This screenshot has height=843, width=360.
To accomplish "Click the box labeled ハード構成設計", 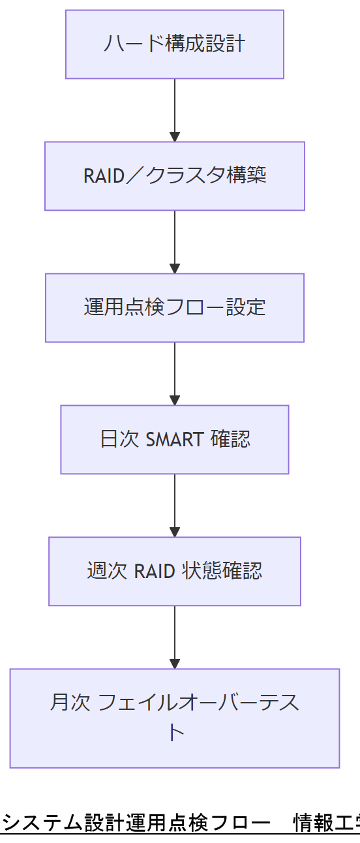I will [175, 44].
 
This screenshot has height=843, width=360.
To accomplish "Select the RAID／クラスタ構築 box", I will [175, 176].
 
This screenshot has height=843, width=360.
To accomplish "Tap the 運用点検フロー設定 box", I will [175, 308].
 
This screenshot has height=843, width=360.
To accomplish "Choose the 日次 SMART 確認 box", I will [175, 440].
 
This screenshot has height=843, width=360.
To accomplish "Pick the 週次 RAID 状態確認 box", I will [175, 572].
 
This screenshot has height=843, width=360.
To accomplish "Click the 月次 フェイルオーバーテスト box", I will [175, 718].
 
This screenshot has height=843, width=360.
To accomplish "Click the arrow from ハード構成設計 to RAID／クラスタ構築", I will [175, 110].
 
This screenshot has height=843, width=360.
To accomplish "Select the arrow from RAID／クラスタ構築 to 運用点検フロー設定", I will [175, 241].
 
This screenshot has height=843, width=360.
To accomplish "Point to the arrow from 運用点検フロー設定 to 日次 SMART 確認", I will [175, 373].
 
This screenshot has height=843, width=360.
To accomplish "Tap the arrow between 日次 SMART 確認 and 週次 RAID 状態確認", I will [175, 505].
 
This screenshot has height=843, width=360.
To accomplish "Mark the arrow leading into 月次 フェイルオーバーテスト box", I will [175, 637].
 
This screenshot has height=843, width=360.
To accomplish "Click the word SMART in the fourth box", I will [175, 440].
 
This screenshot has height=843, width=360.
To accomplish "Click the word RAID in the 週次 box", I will [155, 572].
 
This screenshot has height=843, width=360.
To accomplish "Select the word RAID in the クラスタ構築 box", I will [104, 176].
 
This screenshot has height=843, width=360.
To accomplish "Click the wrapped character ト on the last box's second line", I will [175, 732].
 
